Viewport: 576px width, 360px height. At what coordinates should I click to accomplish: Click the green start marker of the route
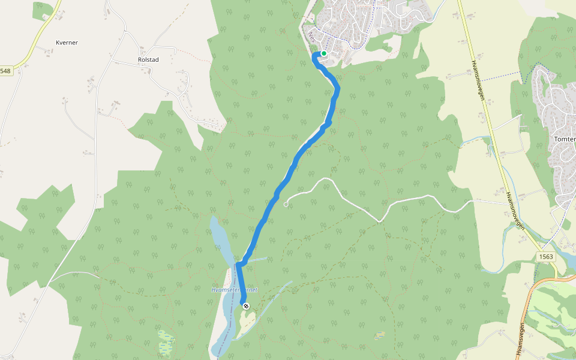(x=324, y=53)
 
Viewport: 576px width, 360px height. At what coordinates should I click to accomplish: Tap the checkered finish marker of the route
(x=245, y=306)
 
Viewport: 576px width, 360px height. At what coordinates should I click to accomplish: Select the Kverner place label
(x=67, y=43)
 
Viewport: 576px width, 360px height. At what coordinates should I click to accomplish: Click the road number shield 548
(x=5, y=71)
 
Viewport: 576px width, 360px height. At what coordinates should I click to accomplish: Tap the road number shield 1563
(x=545, y=257)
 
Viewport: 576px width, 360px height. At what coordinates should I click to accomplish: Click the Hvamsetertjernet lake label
(x=235, y=290)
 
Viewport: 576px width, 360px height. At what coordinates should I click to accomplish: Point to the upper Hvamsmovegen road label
(x=478, y=78)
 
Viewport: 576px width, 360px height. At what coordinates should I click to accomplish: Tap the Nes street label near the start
(x=310, y=36)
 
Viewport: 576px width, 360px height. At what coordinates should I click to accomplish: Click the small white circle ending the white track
(x=286, y=205)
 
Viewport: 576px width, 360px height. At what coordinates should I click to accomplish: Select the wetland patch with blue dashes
(x=166, y=342)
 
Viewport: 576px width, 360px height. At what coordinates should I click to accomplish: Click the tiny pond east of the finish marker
(x=379, y=335)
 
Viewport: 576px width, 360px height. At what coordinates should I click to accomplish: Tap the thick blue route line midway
(x=288, y=177)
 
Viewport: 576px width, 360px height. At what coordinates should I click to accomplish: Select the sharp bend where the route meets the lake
(x=239, y=264)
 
